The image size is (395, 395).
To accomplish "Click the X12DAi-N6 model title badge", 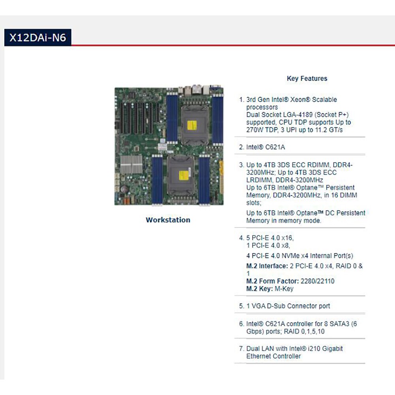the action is click(38, 38).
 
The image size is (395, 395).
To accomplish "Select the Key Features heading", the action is click(307, 78).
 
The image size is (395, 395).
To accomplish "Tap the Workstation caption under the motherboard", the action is click(168, 220).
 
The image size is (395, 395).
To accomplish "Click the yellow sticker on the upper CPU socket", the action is click(192, 125).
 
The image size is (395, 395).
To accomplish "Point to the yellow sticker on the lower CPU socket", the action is click(184, 175).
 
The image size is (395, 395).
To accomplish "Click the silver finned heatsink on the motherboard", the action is click(131, 164).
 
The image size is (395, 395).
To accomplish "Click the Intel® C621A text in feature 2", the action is click(265, 147).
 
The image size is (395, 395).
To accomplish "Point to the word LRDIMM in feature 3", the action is click(259, 180).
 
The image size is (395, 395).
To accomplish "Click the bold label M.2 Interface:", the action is click(267, 266).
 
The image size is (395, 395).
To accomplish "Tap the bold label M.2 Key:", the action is click(260, 289).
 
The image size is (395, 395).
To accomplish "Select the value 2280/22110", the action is click(318, 281).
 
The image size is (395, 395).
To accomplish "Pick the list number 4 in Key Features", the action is click(241, 238).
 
